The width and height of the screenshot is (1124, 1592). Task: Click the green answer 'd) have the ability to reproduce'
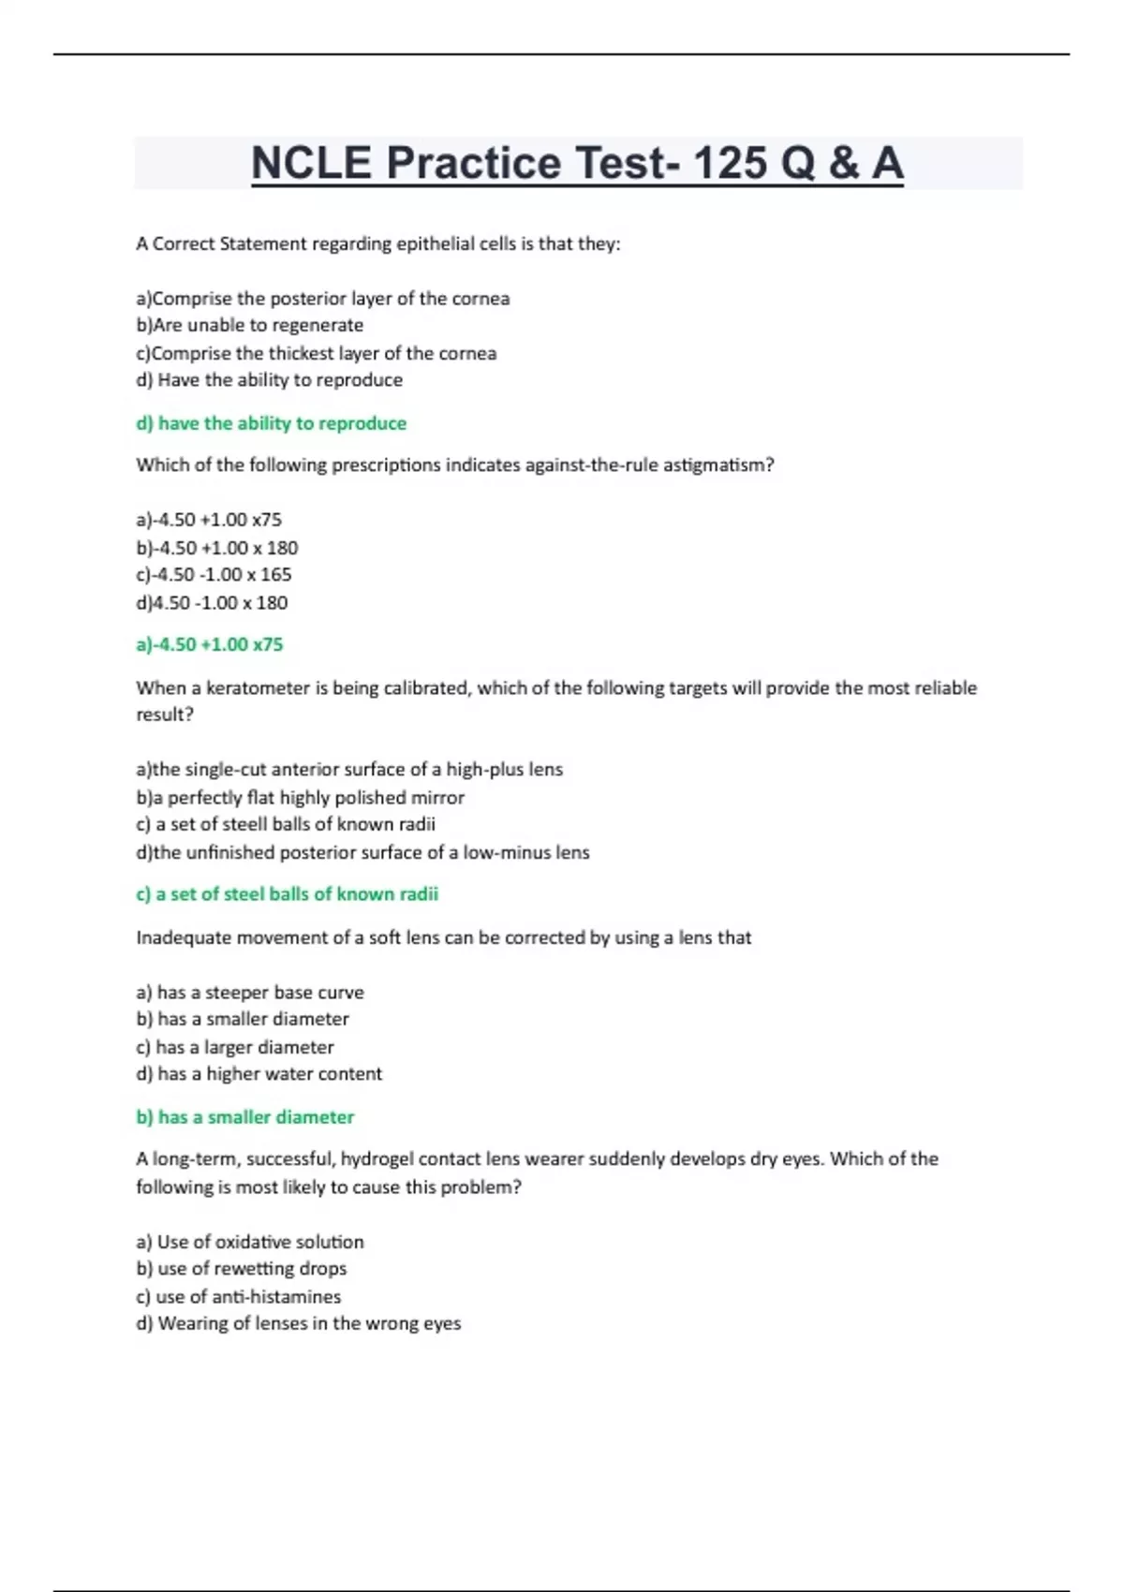272,423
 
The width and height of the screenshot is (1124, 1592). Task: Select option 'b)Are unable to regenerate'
250,325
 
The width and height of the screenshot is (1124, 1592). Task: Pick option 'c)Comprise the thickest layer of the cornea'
317,353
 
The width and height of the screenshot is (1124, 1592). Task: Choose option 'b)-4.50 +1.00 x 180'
217,548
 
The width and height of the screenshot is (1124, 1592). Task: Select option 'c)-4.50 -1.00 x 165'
214,574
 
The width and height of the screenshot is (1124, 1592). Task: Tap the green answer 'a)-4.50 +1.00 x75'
210,644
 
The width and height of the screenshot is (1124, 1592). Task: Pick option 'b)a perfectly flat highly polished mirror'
301,797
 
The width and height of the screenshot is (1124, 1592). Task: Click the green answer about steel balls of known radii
288,893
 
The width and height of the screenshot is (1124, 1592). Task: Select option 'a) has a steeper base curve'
250,992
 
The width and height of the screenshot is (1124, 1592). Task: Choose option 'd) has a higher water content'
259,1073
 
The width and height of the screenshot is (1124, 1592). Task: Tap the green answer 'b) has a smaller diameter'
245,1116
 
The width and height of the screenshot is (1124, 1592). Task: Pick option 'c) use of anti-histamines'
239,1296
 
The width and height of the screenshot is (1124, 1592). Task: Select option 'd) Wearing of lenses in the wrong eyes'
299,1323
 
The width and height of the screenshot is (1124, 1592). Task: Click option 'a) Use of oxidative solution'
250,1242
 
